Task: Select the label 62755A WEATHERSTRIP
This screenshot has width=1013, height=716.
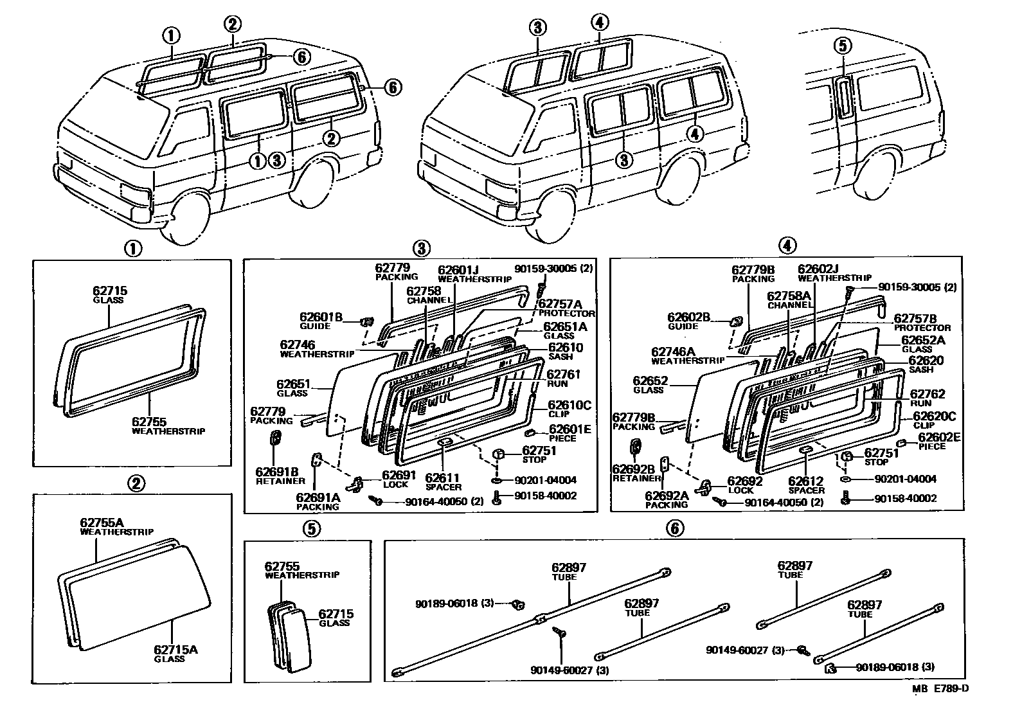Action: pyautogui.click(x=116, y=527)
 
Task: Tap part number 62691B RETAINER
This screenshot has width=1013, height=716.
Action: pyautogui.click(x=280, y=476)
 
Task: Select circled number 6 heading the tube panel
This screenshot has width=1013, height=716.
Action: pyautogui.click(x=673, y=528)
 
